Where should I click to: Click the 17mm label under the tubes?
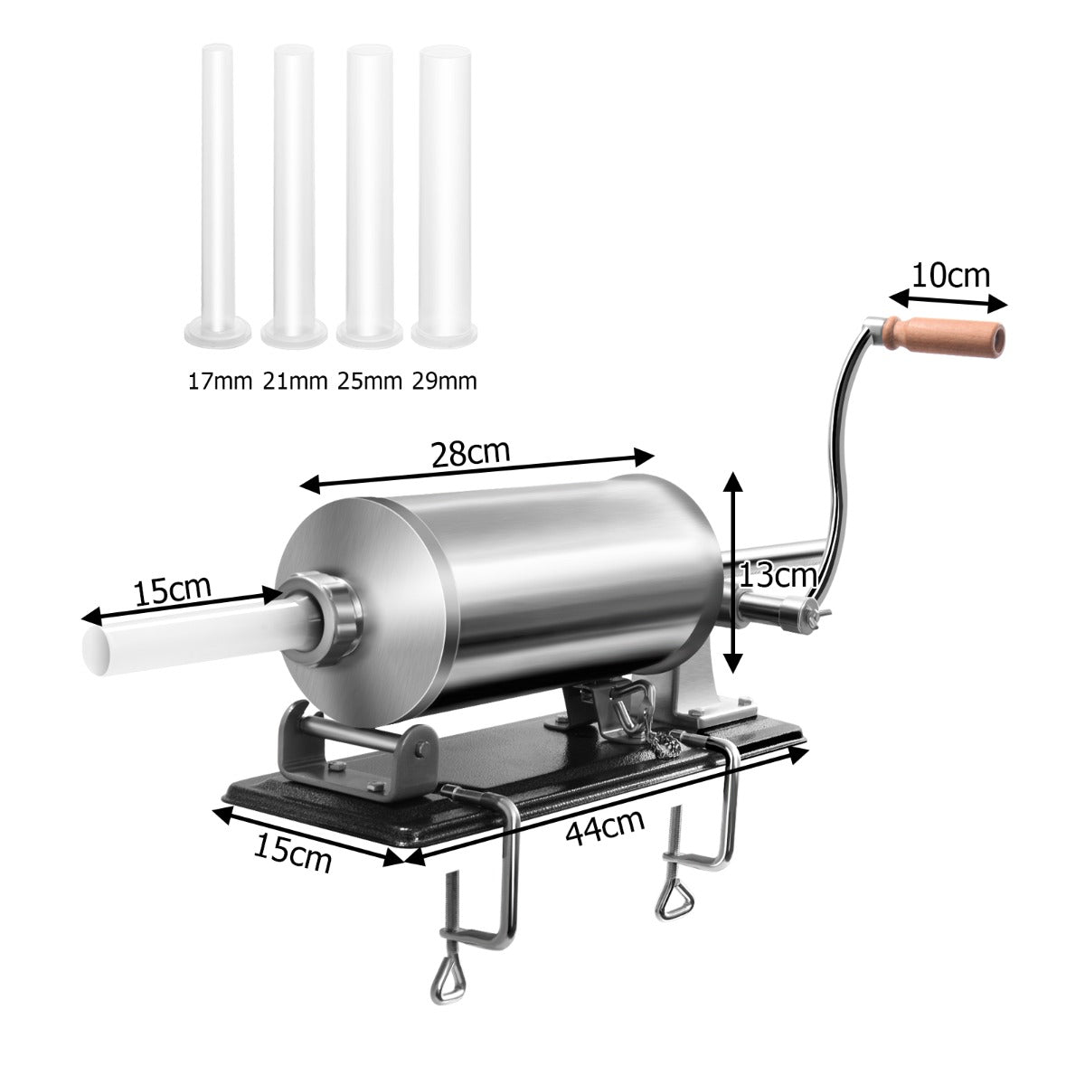pyautogui.click(x=219, y=381)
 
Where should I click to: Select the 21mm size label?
pyautogui.click(x=295, y=381)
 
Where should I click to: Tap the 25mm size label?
pyautogui.click(x=370, y=381)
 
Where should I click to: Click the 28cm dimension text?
pyautogui.click(x=470, y=452)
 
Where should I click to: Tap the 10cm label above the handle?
pyautogui.click(x=949, y=274)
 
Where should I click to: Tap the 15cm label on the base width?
pyautogui.click(x=291, y=853)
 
